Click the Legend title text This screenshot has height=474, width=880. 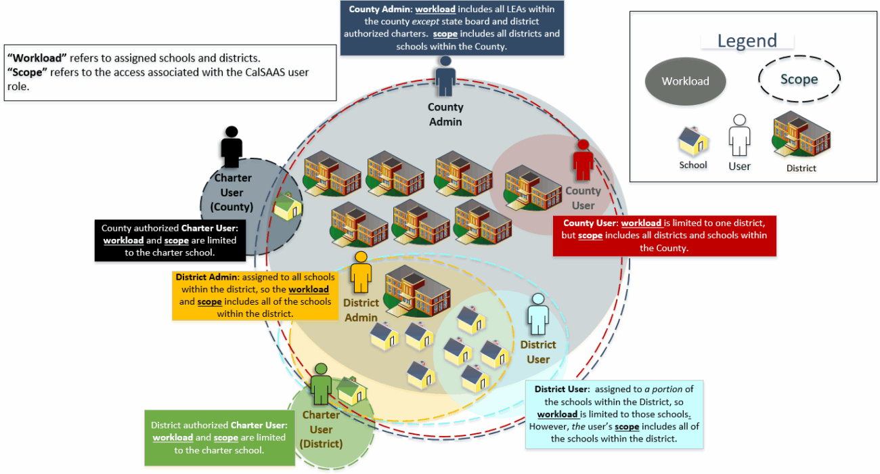pos(747,41)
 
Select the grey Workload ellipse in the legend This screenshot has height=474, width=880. pos(685,81)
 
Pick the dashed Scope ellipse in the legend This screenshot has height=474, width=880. pos(799,79)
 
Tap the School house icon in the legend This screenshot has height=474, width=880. pos(693,142)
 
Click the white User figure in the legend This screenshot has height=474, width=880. pos(739,135)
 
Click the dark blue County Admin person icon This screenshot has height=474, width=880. pos(445,76)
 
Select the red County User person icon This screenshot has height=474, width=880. pos(583,160)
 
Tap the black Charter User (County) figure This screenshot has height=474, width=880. pos(232,147)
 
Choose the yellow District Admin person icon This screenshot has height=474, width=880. pos(360,272)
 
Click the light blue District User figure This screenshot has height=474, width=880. pos(538,314)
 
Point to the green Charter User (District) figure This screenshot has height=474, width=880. pos(321,384)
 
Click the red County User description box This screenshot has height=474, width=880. pos(664,236)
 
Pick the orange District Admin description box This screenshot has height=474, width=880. pos(254,295)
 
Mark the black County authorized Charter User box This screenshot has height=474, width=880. pos(169,240)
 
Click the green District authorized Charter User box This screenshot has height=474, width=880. pos(219,437)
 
